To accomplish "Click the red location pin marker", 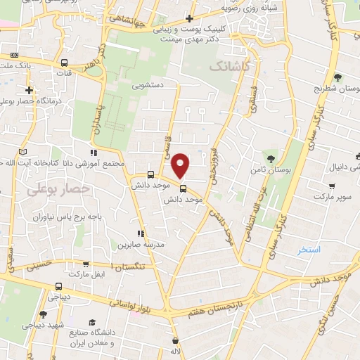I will [x=181, y=166].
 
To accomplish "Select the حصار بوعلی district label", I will [x=49, y=189].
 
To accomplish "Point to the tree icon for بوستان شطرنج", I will [x=337, y=77].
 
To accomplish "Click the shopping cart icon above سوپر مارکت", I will [x=332, y=188].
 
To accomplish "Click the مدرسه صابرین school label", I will [x=144, y=244].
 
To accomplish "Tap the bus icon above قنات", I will [x=65, y=63].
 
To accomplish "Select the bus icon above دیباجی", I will [x=59, y=286].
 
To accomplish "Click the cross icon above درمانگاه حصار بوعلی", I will [x=30, y=90].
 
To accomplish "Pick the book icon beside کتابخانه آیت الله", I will [x=23, y=152].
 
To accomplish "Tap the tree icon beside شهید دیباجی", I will [x=43, y=314].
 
